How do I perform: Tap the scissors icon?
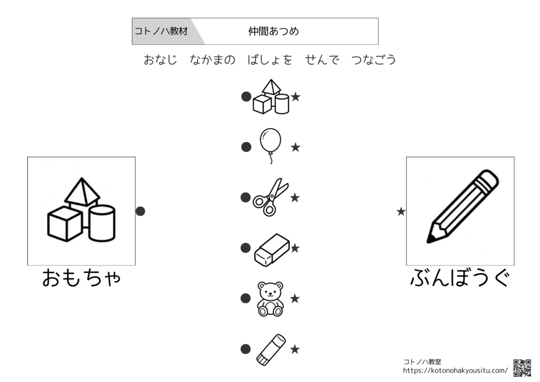[271, 197]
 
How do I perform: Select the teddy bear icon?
[271, 299]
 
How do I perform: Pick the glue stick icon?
[271, 349]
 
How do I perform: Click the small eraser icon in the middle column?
[272, 250]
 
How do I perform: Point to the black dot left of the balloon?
[246, 147]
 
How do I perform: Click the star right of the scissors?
[295, 198]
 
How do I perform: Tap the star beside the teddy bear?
[295, 299]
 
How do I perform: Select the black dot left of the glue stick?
[246, 349]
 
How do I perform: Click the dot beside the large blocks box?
[140, 211]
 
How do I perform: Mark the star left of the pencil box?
[401, 212]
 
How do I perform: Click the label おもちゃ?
[82, 278]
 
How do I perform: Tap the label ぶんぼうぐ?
[460, 278]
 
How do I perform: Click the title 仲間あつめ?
[274, 31]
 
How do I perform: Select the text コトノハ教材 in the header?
[161, 31]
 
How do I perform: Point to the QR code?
[522, 368]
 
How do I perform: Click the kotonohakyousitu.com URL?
[455, 371]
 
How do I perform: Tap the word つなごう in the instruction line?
[374, 60]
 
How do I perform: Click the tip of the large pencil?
[428, 242]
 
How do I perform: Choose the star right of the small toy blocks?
[295, 97]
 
